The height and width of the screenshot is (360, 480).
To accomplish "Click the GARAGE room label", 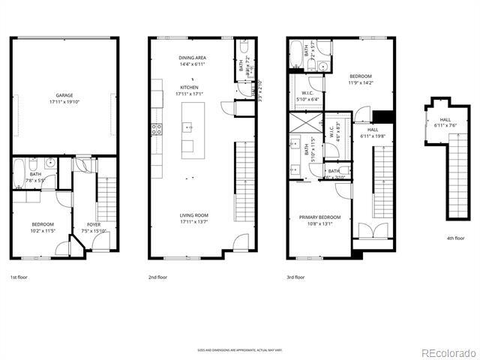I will (64, 95).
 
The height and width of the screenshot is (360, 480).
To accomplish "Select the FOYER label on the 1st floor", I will (94, 224).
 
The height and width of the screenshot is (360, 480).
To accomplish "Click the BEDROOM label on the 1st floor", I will (43, 224).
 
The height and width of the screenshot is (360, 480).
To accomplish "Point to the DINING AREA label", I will (193, 58).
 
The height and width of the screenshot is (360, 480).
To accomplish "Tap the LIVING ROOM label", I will (193, 215).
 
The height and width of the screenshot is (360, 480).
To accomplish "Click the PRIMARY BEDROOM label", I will (314, 217).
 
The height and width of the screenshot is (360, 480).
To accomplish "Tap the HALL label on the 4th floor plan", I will (445, 119).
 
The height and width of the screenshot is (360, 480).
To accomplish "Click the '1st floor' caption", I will (19, 277).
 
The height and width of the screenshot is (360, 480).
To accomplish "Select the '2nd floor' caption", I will (157, 277).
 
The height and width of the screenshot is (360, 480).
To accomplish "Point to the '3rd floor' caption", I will (295, 277).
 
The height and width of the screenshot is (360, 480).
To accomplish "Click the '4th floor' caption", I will (455, 238).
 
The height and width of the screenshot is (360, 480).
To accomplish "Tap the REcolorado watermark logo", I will (447, 353).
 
